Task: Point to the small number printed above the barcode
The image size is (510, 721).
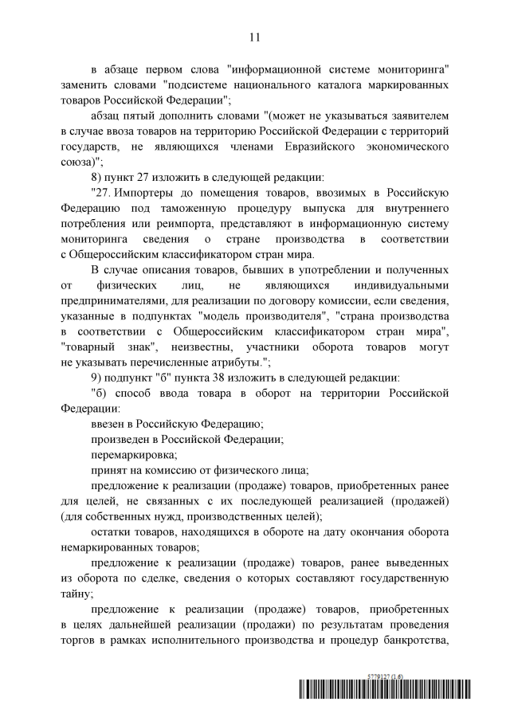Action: point(386,676)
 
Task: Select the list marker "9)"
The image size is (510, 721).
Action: point(97,376)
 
